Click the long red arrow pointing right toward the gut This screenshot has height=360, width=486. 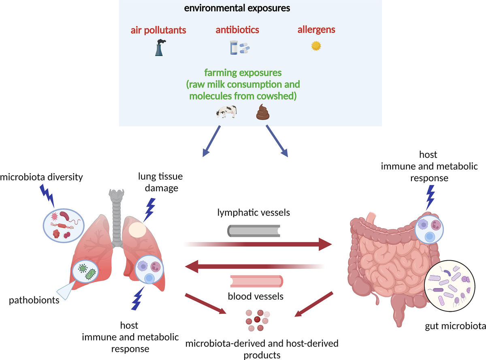(259, 244)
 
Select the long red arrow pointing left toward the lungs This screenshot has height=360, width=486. (253, 266)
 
